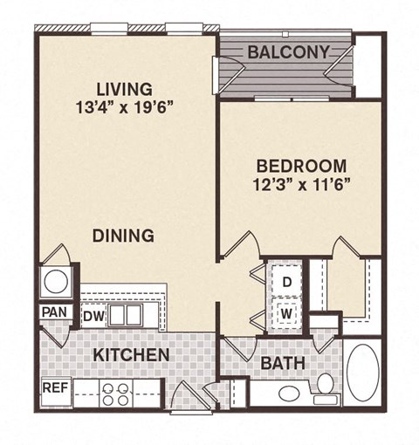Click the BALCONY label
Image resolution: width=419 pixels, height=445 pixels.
coord(289,52)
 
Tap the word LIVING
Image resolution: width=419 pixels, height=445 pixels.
coord(123,89)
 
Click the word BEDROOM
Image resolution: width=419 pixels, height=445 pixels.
coord(301,166)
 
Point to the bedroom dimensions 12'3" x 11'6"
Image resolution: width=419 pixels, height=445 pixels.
coord(301,185)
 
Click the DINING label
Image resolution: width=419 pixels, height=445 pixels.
coord(124,235)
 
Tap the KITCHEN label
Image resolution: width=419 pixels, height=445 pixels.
coord(131,355)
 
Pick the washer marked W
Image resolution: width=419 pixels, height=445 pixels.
coord(286,310)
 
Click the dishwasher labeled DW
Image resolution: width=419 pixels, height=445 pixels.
coord(94,315)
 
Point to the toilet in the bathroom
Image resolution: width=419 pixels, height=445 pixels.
coord(324,384)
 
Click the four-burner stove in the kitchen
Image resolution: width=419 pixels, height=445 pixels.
coord(116,394)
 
